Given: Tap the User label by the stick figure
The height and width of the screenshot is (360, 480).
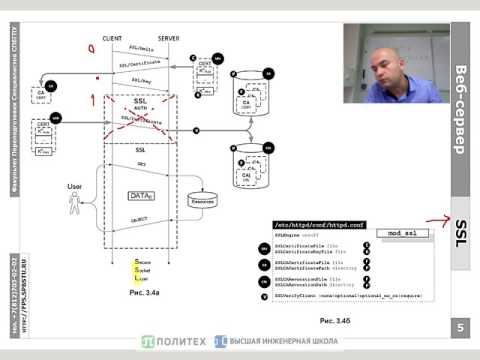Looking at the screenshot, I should (x=73, y=185).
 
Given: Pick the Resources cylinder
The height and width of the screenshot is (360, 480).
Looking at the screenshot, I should (x=203, y=199).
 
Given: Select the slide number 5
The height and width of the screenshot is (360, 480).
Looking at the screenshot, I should (x=461, y=328).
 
